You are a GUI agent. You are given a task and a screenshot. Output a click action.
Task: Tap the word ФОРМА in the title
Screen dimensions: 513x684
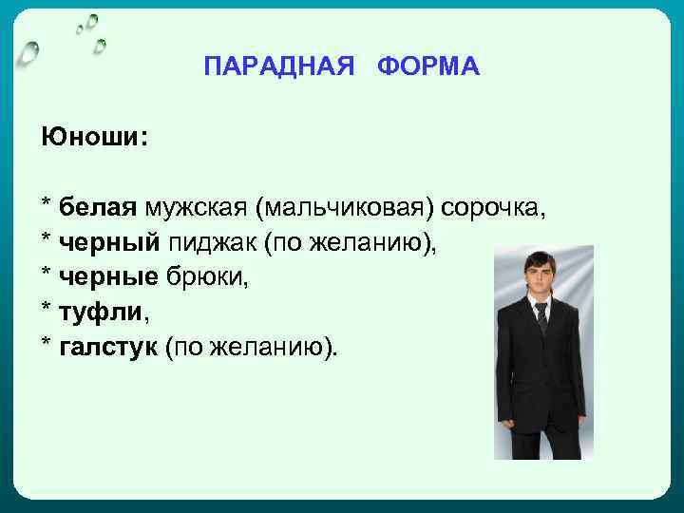click(x=428, y=67)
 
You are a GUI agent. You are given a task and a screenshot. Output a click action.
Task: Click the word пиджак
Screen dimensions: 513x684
click(x=214, y=242)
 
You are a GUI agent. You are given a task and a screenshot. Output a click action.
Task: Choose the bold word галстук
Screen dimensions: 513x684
click(x=107, y=347)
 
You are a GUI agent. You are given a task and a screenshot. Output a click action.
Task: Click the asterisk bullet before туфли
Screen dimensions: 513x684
click(x=46, y=310)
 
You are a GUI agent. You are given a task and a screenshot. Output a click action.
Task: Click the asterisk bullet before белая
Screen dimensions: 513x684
click(x=46, y=204)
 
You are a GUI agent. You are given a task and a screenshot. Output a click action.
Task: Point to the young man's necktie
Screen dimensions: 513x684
click(x=541, y=317)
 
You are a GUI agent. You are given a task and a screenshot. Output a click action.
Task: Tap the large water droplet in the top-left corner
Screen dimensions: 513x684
click(x=30, y=53)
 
